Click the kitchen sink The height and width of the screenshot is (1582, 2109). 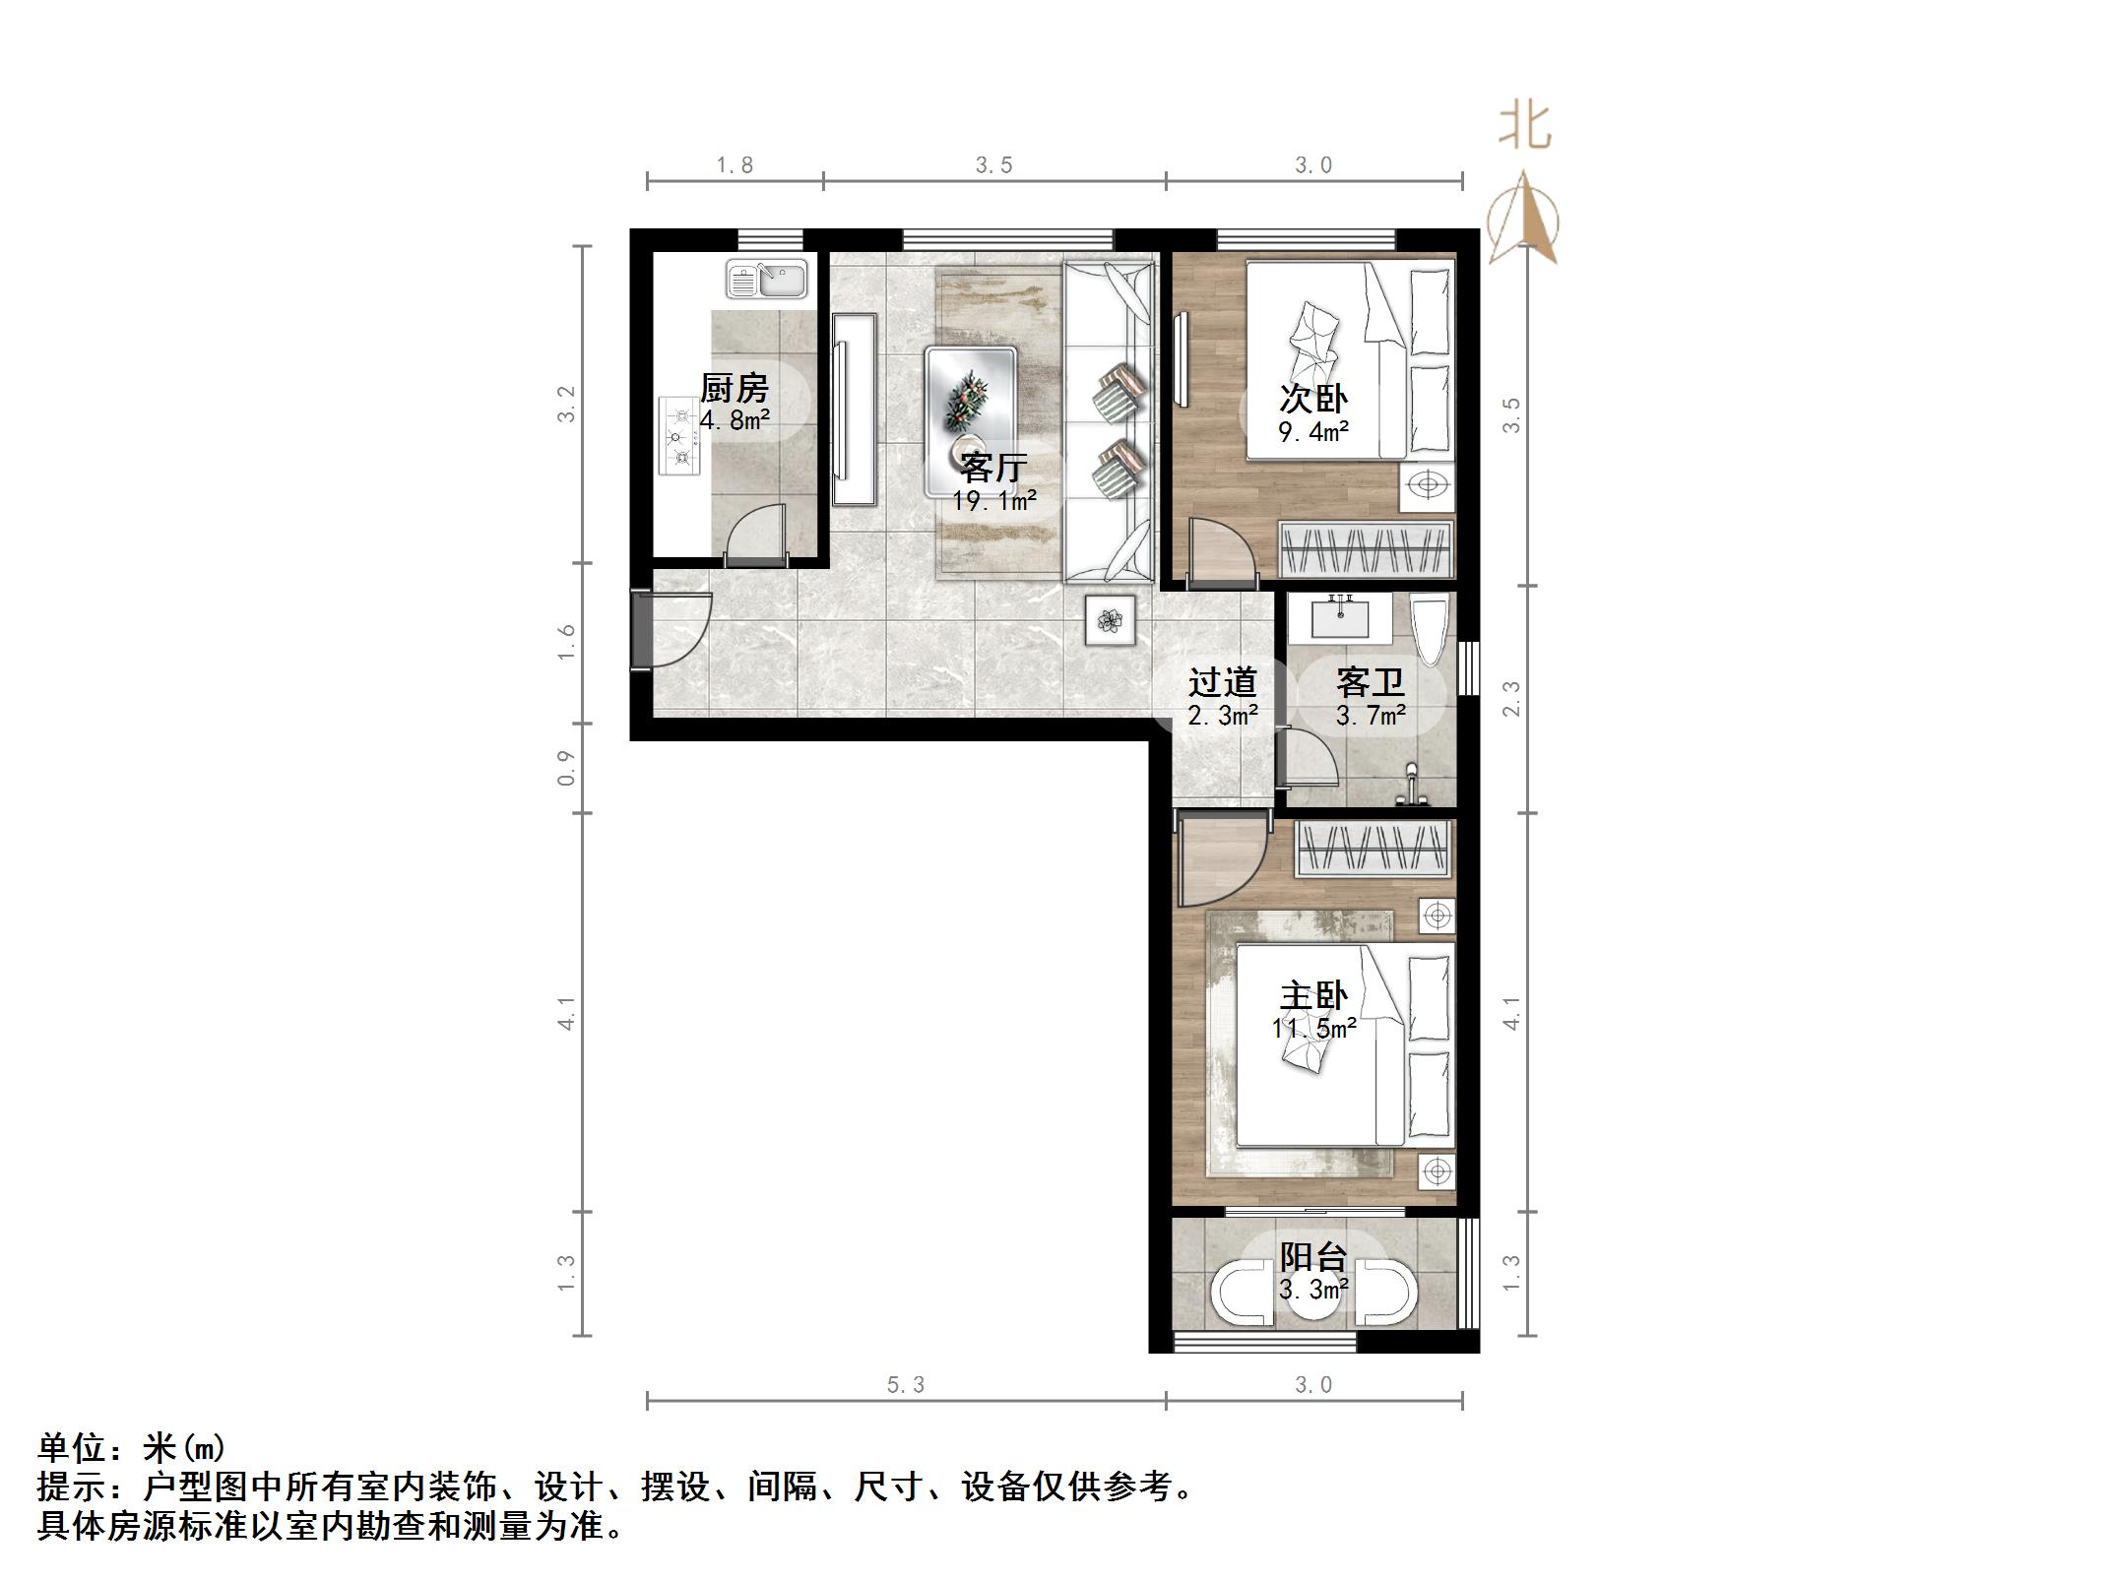coord(766,279)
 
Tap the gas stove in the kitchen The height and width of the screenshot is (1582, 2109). coord(678,436)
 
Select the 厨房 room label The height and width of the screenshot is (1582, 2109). coord(734,388)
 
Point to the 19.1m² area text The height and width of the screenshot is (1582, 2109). coord(993,501)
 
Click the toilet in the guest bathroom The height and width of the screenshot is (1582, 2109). coord(1429,631)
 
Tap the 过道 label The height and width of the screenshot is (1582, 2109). coord(1222,681)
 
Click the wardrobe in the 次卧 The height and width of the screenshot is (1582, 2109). coord(1365,549)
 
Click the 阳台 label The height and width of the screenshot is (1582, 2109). coord(1313,1256)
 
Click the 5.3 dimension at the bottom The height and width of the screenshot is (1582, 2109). coord(905,1385)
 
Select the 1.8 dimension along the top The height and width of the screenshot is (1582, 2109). coord(735,165)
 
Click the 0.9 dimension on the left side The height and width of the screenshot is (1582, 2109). coord(566,768)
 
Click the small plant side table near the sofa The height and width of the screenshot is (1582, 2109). coord(1110,620)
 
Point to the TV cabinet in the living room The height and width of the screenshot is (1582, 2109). coord(853,410)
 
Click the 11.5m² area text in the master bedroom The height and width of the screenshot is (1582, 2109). coord(1313,1029)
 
